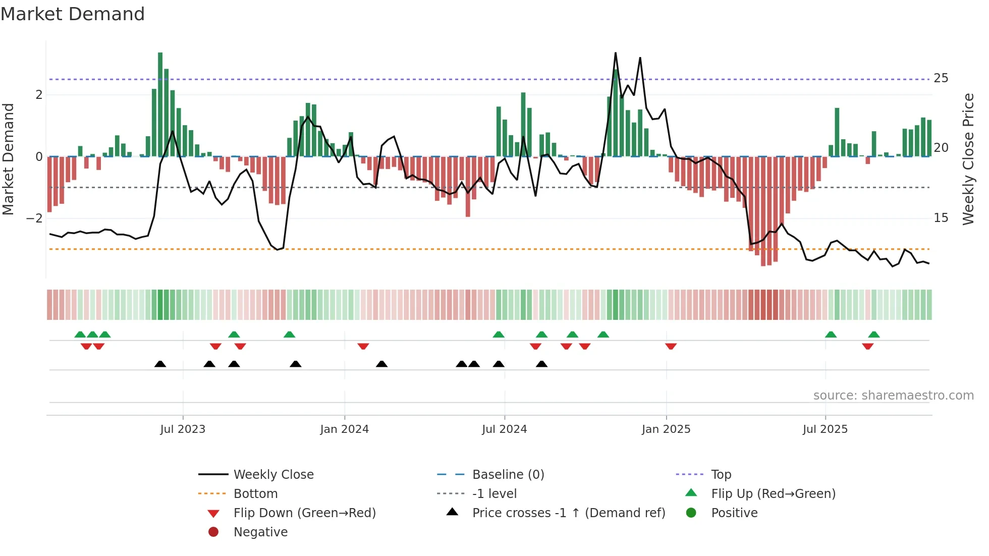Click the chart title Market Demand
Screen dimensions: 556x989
point(73,14)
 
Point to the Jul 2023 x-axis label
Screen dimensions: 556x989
point(183,429)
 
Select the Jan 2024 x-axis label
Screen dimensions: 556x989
point(344,429)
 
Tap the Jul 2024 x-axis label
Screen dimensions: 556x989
point(504,429)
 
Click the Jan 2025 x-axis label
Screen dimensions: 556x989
point(666,429)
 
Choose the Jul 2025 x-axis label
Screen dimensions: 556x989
point(825,429)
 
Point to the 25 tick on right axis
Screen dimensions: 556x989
point(941,78)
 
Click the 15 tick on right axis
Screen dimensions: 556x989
point(941,218)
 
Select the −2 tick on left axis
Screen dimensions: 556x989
point(35,218)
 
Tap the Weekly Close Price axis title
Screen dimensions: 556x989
point(968,159)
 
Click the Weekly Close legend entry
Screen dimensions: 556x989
point(273,475)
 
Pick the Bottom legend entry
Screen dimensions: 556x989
point(255,494)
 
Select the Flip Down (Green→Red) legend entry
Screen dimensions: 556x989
point(304,513)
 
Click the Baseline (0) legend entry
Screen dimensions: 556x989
point(508,475)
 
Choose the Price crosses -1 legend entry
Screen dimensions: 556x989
point(568,513)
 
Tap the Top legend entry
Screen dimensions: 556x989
point(721,475)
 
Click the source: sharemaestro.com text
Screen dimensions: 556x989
point(893,396)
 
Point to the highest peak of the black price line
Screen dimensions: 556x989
point(616,53)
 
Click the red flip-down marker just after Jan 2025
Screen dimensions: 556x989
point(671,346)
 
